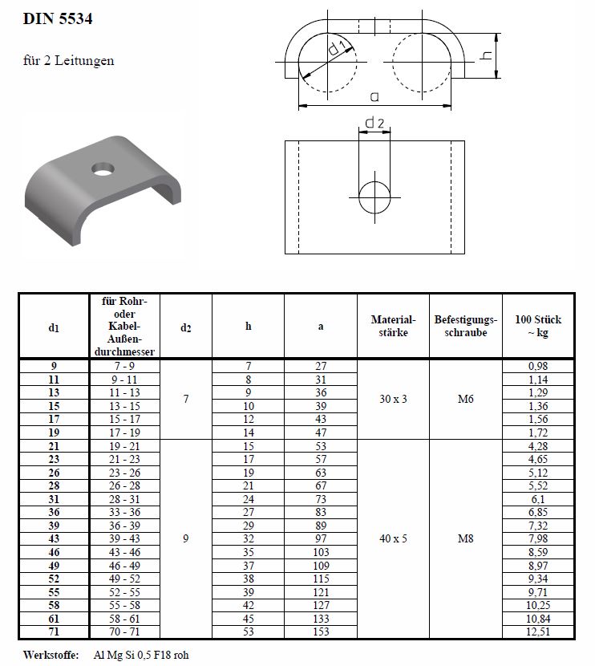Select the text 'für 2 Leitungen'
click(69, 60)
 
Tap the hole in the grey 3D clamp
click(102, 170)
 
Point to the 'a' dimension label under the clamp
click(374, 97)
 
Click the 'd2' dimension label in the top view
click(374, 123)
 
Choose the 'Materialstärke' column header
click(393, 326)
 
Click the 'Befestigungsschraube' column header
click(466, 326)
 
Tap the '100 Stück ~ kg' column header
click(538, 326)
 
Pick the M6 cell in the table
click(466, 399)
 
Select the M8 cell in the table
click(466, 539)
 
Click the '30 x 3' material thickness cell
click(393, 399)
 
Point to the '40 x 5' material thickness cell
click(393, 539)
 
